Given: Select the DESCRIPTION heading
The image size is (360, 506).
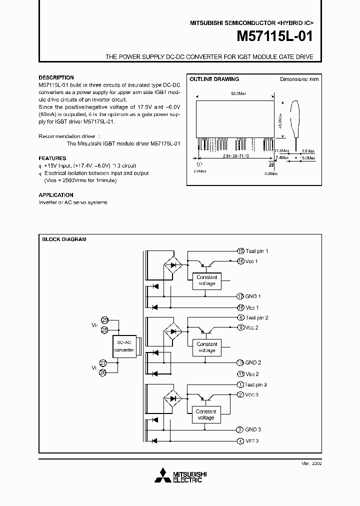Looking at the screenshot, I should (x=56, y=77).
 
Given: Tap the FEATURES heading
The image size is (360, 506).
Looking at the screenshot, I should (x=52, y=158).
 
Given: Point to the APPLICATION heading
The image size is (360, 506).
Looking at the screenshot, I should (x=56, y=195).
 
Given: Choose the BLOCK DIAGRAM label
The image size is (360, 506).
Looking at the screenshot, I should (x=64, y=239).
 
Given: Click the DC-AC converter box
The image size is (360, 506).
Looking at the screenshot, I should (x=124, y=346).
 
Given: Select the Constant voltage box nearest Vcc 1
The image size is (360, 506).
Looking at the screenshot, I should (x=206, y=280).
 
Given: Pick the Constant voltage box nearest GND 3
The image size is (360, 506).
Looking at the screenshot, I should (x=206, y=414).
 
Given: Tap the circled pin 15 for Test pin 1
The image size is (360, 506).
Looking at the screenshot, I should (x=240, y=251).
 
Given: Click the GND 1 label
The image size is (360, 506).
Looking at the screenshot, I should (x=252, y=296).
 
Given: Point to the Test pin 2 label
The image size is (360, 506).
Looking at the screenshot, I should (x=256, y=317).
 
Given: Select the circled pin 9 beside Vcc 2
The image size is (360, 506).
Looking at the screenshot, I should (x=240, y=327).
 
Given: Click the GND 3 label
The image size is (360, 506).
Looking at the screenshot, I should (x=252, y=429).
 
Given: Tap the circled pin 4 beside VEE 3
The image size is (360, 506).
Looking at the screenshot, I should (x=240, y=440).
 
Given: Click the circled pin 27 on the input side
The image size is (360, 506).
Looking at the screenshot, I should (x=104, y=363).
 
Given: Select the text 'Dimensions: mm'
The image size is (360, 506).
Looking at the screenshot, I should (x=298, y=79).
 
